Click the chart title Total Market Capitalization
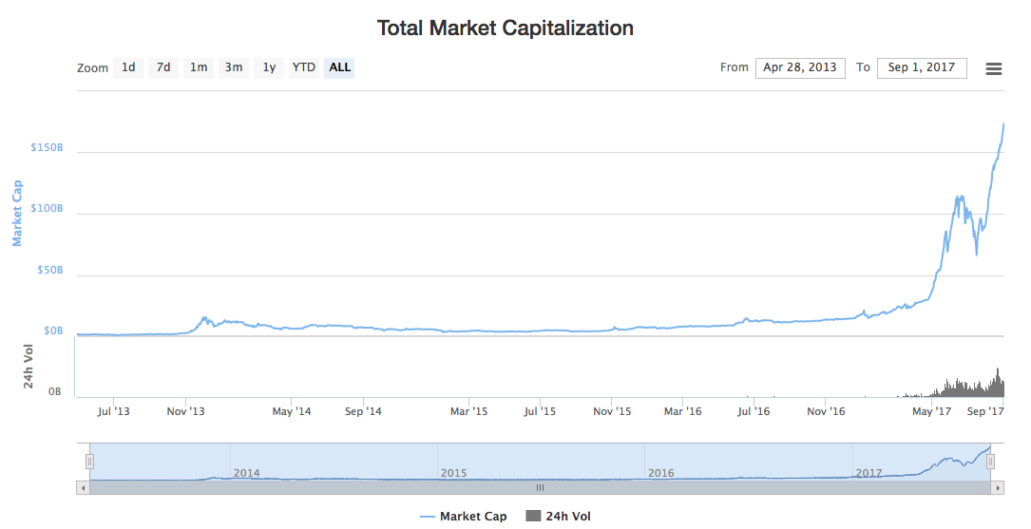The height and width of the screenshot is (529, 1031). [505, 28]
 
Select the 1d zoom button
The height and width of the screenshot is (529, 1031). [128, 67]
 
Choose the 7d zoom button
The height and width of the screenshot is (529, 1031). [163, 67]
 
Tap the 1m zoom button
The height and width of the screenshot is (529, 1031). [199, 67]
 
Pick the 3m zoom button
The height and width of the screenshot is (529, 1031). [234, 67]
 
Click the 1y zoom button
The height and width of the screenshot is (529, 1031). [270, 67]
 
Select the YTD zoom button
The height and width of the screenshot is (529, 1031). [304, 67]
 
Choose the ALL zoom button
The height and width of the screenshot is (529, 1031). [340, 67]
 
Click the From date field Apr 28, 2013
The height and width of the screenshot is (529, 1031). [800, 67]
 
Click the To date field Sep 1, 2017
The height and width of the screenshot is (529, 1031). [922, 67]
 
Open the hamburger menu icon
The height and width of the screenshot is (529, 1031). [994, 68]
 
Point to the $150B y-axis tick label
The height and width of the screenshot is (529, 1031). [48, 148]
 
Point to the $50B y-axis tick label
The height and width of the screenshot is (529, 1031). [49, 271]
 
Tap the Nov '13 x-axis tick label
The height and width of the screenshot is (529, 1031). [186, 411]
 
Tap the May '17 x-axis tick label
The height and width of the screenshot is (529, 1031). [932, 411]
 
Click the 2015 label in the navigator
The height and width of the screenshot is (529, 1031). [453, 472]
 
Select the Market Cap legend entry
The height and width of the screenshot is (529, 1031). [464, 517]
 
